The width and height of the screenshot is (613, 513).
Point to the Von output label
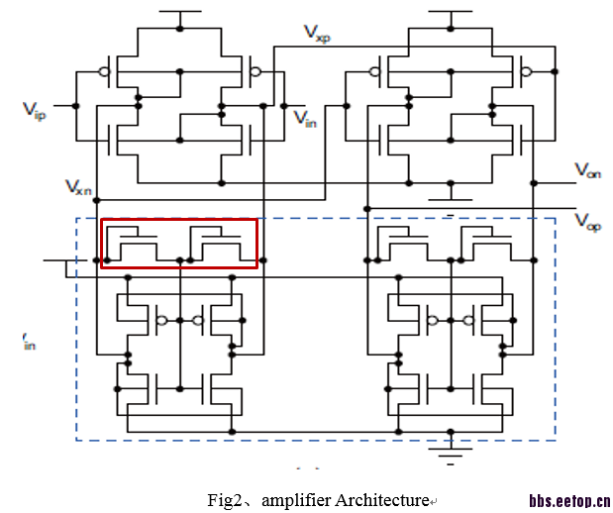587,170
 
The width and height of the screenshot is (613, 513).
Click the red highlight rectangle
179,221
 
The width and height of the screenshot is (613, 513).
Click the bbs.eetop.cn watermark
568,500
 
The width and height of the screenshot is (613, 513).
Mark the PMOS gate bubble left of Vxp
255,71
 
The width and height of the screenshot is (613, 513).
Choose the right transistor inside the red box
219,244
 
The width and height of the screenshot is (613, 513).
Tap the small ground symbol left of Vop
452,209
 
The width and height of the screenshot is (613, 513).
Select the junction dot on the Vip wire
74,105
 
